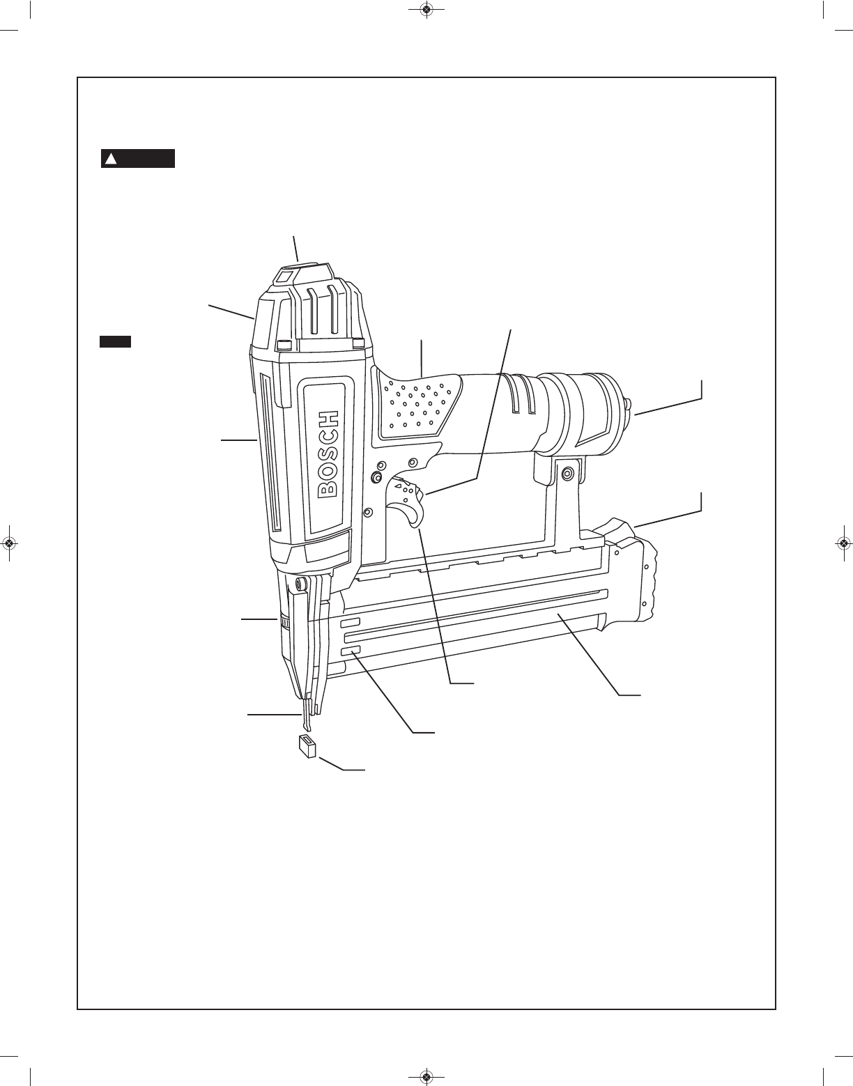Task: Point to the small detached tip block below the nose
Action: tap(307, 747)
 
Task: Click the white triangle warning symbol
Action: tap(111, 159)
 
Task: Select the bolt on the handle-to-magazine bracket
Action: tap(568, 472)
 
